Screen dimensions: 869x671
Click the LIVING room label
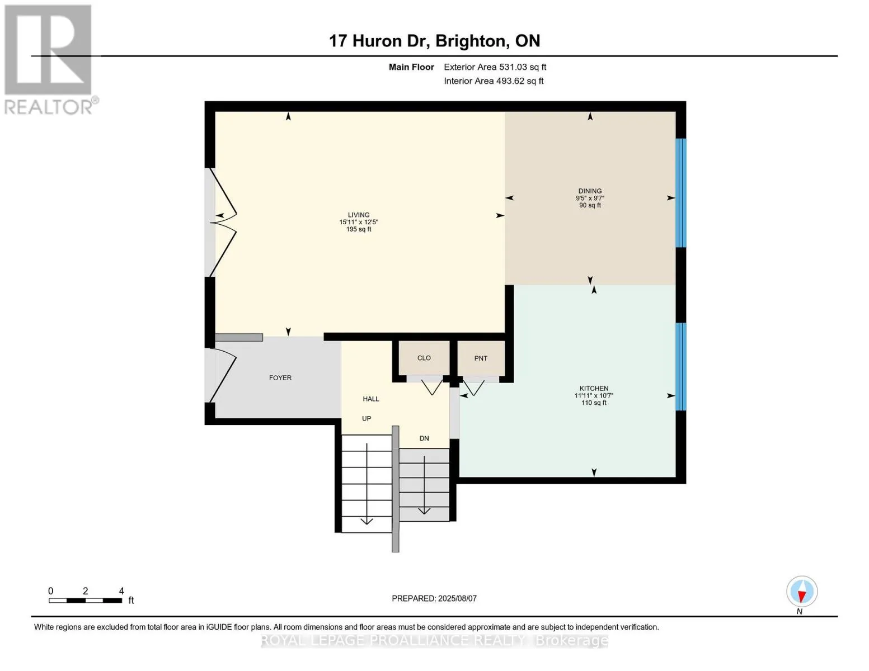tap(358, 215)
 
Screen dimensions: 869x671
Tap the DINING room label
tap(590, 191)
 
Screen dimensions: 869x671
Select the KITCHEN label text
tap(594, 388)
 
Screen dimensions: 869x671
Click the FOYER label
tap(280, 377)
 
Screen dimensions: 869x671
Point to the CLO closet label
tap(424, 358)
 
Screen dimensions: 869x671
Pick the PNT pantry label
tap(481, 358)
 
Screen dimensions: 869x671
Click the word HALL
tap(371, 399)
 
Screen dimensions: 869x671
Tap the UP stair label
tap(367, 418)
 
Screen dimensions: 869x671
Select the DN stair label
tap(424, 438)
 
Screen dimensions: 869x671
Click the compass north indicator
tap(802, 592)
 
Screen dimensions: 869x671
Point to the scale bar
tap(86, 601)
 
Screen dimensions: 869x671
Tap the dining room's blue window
tap(680, 193)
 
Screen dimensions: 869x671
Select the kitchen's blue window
tap(680, 367)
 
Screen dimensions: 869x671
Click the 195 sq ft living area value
tap(359, 229)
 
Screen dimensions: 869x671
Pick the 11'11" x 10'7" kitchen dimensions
tap(594, 396)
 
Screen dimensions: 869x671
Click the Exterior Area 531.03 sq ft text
tap(495, 67)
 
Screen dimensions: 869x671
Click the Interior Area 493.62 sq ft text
tap(494, 81)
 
